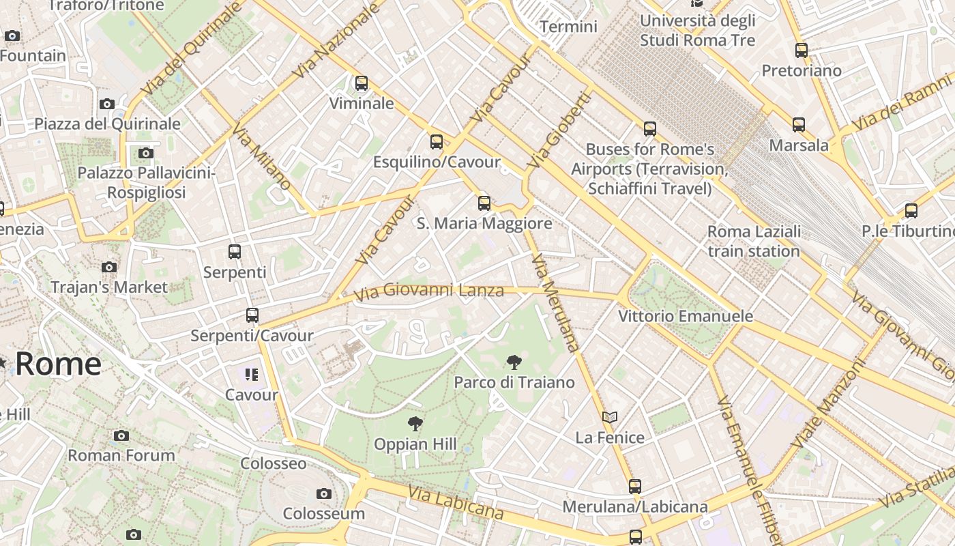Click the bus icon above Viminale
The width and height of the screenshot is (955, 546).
362,83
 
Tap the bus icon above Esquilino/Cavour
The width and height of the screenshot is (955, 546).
437,142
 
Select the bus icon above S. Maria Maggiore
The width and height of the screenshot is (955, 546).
484,203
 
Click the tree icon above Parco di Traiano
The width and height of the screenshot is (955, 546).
514,362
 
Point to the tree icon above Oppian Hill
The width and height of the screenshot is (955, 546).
415,424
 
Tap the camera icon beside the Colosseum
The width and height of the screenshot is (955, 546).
324,493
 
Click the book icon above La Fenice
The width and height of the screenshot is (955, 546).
610,417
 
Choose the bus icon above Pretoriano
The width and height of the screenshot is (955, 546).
802,50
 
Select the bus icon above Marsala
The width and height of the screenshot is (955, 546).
799,125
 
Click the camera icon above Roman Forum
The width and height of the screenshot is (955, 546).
121,435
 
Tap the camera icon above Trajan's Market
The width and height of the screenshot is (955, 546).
109,267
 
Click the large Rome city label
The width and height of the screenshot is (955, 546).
58,363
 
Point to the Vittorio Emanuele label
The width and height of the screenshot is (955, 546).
686,316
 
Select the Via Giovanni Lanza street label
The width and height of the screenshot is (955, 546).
429,291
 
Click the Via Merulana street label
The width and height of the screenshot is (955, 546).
555,303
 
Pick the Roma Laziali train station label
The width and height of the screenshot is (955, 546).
754,242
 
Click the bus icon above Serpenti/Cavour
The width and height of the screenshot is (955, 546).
252,315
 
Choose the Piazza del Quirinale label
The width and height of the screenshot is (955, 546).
107,124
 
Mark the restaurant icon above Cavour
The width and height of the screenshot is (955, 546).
252,374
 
